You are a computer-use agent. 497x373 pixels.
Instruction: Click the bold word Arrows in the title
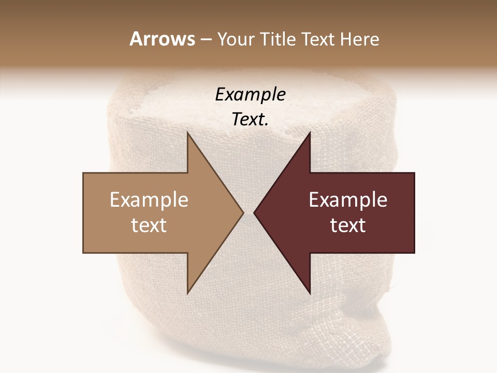(162, 39)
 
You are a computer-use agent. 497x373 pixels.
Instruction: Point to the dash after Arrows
(205, 40)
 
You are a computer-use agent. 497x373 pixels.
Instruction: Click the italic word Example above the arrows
(250, 95)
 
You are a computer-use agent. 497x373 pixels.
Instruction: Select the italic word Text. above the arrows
(250, 120)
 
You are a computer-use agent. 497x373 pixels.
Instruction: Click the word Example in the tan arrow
(149, 200)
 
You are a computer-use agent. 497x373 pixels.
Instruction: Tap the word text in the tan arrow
(149, 225)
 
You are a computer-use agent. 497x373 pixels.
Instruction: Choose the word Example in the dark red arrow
(348, 200)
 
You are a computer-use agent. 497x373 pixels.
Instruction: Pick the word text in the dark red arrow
(348, 225)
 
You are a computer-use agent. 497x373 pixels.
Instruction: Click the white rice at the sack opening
(171, 104)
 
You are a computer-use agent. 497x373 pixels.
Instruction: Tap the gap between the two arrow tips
(248, 212)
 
